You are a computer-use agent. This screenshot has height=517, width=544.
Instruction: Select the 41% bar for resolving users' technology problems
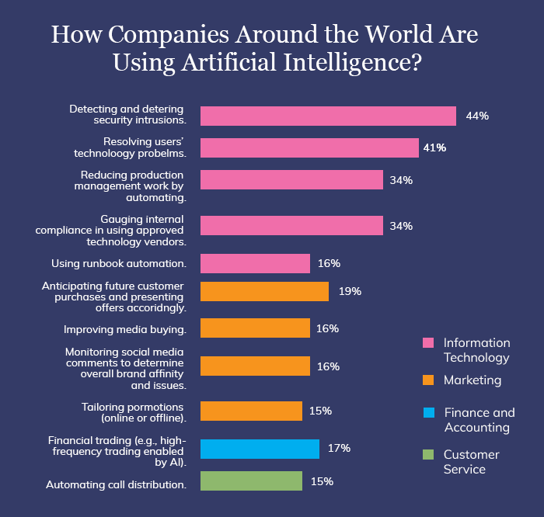pyautogui.click(x=309, y=147)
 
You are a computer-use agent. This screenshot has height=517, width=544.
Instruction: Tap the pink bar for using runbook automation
pyautogui.click(x=255, y=263)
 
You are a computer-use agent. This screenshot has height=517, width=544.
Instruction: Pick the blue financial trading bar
pyautogui.click(x=260, y=449)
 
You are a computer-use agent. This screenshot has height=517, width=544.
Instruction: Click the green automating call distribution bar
pyautogui.click(x=251, y=481)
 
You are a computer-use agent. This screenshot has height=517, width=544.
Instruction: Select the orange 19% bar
pyautogui.click(x=264, y=291)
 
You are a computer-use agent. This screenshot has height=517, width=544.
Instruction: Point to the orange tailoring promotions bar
pyautogui.click(x=251, y=411)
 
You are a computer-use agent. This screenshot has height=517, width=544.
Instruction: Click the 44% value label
pyautogui.click(x=476, y=116)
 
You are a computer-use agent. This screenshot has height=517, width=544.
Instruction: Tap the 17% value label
pyautogui.click(x=339, y=448)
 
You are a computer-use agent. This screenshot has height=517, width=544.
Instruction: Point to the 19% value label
pyautogui.click(x=350, y=291)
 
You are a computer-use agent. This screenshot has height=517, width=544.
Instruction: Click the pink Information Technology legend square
pyautogui.click(x=427, y=343)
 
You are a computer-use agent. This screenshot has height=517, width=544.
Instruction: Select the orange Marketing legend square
pyautogui.click(x=427, y=380)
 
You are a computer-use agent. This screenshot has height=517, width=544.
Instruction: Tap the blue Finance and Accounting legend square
pyautogui.click(x=427, y=413)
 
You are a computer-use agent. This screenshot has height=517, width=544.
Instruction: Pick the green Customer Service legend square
pyautogui.click(x=427, y=454)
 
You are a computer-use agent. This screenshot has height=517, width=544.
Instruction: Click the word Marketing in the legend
pyautogui.click(x=473, y=380)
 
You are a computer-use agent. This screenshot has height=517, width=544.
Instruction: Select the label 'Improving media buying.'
pyautogui.click(x=124, y=329)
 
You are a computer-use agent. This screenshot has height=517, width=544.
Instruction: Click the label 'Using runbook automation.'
pyautogui.click(x=118, y=263)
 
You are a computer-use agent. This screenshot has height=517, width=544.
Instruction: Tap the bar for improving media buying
pyautogui.click(x=255, y=328)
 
